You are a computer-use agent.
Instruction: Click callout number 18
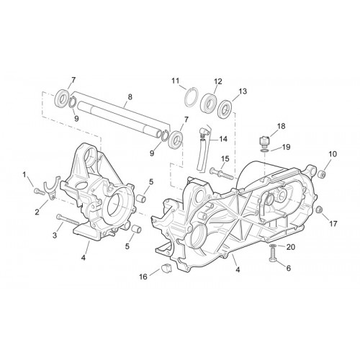pyautogui.click(x=282, y=126)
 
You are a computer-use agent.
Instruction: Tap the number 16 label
pyautogui.click(x=143, y=276)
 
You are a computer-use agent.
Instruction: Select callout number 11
pyautogui.click(x=176, y=81)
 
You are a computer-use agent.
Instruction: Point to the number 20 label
pyautogui.click(x=291, y=247)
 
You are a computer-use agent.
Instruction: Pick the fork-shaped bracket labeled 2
pyautogui.click(x=50, y=186)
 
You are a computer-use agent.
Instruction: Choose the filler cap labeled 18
pyautogui.click(x=264, y=141)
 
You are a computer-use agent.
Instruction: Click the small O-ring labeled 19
pyautogui.click(x=264, y=150)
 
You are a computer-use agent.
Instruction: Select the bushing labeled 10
pyautogui.click(x=322, y=174)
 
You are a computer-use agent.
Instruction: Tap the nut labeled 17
pyautogui.click(x=319, y=210)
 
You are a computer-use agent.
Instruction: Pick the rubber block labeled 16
pyautogui.click(x=166, y=268)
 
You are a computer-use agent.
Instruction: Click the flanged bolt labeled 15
pyautogui.click(x=222, y=173)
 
